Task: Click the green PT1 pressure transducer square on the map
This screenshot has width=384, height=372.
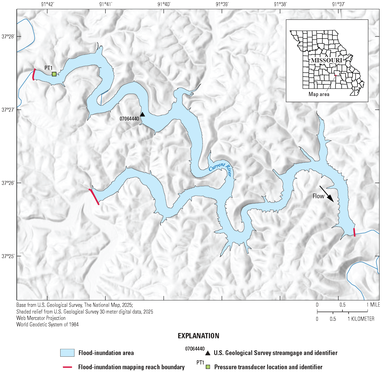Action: (x=54, y=74)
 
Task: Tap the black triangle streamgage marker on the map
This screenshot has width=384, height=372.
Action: (x=143, y=114)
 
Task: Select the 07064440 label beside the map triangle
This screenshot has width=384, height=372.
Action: (x=129, y=119)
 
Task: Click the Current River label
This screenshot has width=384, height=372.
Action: (x=221, y=168)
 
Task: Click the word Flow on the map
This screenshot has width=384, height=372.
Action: (x=318, y=196)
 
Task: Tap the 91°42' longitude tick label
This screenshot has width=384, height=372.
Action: (x=48, y=4)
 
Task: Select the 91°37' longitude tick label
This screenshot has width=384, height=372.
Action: (x=339, y=4)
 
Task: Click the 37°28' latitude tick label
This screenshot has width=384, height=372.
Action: (x=8, y=36)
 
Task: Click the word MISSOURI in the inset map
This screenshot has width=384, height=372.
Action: (x=327, y=60)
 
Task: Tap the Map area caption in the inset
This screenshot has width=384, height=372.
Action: (x=319, y=94)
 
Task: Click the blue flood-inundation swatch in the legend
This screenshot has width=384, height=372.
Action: (x=67, y=353)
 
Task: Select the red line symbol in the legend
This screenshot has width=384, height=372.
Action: (x=67, y=367)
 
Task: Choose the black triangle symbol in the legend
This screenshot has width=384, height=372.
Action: (x=208, y=353)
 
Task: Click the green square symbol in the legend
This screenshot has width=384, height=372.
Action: (x=208, y=367)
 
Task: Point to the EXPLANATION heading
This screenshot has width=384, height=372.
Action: (x=199, y=336)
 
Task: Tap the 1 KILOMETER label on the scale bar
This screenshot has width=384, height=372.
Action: (x=361, y=319)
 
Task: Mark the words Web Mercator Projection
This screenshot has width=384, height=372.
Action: (x=41, y=318)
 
